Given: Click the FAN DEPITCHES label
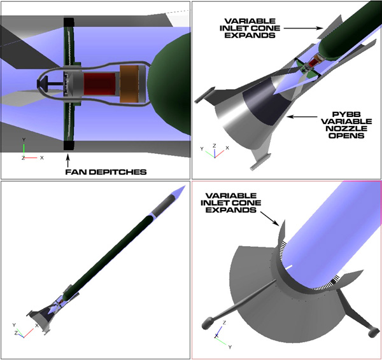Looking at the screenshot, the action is [106, 172].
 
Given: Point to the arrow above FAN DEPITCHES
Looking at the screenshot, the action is [68, 160].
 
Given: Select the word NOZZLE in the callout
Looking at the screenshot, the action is [346, 128].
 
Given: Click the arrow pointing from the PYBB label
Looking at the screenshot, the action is [302, 117].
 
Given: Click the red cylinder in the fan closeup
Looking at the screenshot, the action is [100, 84].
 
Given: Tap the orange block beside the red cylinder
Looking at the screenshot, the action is [129, 84].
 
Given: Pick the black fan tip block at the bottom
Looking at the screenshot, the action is [69, 145].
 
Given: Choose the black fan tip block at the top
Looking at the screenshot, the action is [69, 22].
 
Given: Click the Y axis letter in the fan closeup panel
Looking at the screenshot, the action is [24, 140].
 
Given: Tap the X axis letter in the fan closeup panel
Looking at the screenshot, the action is [41, 158].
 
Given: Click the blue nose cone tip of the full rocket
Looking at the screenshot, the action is [185, 186].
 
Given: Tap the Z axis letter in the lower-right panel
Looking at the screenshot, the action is [224, 322].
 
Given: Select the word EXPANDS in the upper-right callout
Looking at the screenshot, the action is [250, 35].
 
